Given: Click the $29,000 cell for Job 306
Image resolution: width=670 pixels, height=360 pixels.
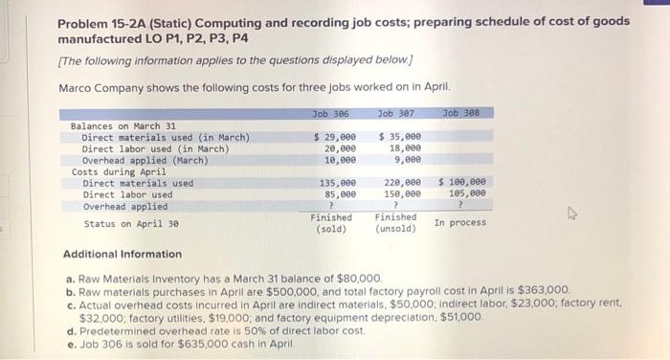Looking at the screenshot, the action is point(335,138).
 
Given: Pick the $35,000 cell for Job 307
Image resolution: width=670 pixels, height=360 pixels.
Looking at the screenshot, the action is point(400,138).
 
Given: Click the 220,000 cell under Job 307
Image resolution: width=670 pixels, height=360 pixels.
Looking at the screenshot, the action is point(402,183).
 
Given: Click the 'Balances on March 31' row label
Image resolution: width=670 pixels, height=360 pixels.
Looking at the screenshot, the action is point(123,126).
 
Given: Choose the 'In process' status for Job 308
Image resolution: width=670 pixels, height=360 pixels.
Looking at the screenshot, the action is point(459,223).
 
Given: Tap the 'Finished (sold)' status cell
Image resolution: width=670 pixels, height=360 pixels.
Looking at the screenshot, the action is point(331,223).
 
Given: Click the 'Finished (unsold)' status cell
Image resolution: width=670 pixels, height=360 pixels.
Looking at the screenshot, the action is point(395,223).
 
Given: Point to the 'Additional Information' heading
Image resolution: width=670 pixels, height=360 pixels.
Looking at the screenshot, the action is point(122,255).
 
